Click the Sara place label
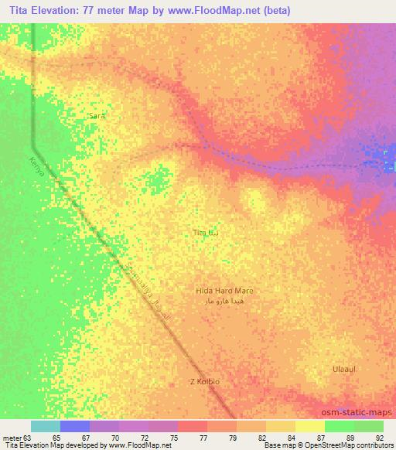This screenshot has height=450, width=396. (x=96, y=115)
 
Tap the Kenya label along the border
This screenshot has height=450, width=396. (x=34, y=163)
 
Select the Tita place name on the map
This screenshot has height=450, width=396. (x=200, y=232)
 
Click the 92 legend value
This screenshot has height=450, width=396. (x=377, y=438)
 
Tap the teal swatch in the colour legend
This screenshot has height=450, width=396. (x=46, y=426)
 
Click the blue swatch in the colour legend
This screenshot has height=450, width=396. (x=75, y=426)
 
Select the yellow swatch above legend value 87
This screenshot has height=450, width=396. (x=309, y=426)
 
